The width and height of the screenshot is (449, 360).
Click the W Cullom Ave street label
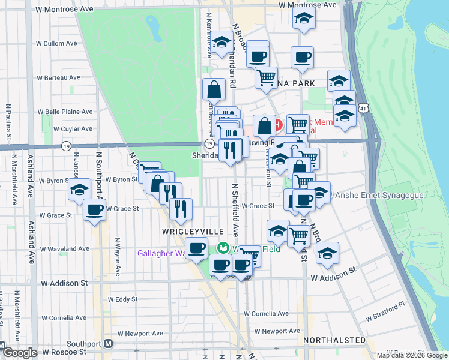[56, 43]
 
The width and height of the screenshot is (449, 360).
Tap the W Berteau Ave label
[58, 77]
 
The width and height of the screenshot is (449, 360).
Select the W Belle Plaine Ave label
[65, 112]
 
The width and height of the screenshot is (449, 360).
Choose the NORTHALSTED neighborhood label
[334, 340]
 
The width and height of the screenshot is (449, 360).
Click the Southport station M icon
[108, 344]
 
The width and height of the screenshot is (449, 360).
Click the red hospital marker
[278, 125]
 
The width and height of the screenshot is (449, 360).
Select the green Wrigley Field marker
[223, 248]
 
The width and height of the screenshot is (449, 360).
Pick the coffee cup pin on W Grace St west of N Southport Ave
[94, 209]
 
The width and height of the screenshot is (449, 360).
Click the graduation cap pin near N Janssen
[79, 189]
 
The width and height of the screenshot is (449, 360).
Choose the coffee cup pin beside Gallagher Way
[196, 247]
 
